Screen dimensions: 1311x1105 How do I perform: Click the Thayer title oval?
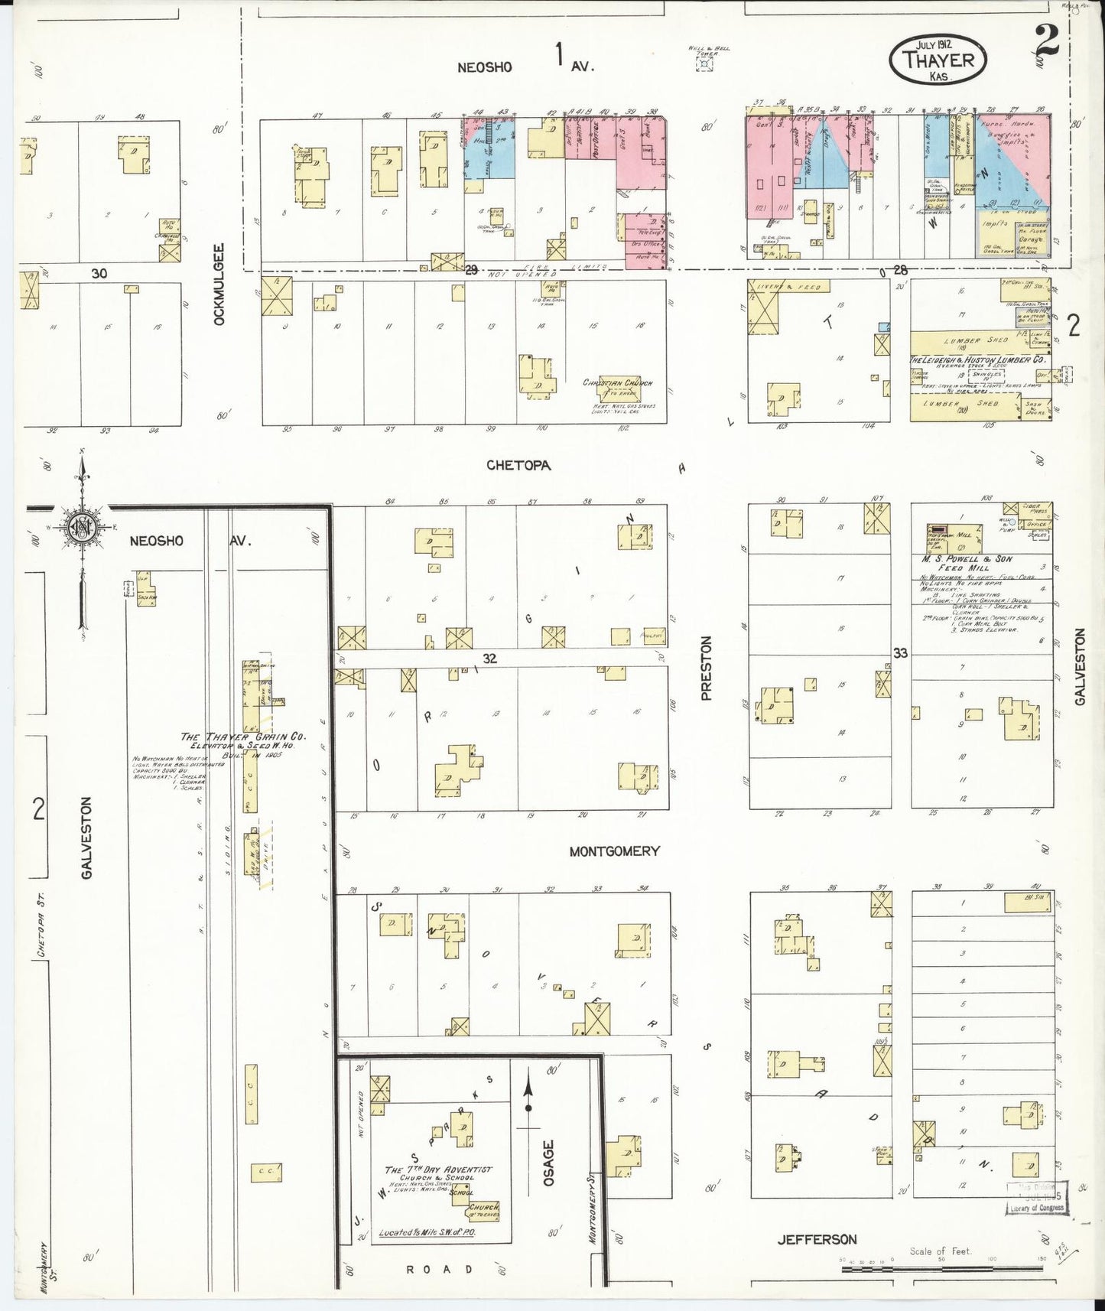tap(938, 59)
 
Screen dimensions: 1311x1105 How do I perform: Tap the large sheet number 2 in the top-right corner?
tap(1046, 40)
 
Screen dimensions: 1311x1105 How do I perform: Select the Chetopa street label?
tap(518, 465)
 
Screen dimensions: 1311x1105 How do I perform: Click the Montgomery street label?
tap(614, 851)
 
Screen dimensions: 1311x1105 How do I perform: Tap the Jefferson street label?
tap(817, 1239)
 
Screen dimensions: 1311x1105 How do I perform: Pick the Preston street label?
tap(707, 667)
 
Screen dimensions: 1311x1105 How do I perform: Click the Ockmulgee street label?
tap(219, 284)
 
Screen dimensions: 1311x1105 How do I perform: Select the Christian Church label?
tap(618, 382)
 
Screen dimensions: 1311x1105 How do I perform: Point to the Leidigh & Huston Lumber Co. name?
tap(977, 359)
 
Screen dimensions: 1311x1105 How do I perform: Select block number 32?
tap(489, 658)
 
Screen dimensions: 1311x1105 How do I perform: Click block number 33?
tap(900, 652)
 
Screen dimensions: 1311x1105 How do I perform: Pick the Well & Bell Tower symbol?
tap(703, 63)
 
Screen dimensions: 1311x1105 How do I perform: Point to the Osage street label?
tap(548, 1163)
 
